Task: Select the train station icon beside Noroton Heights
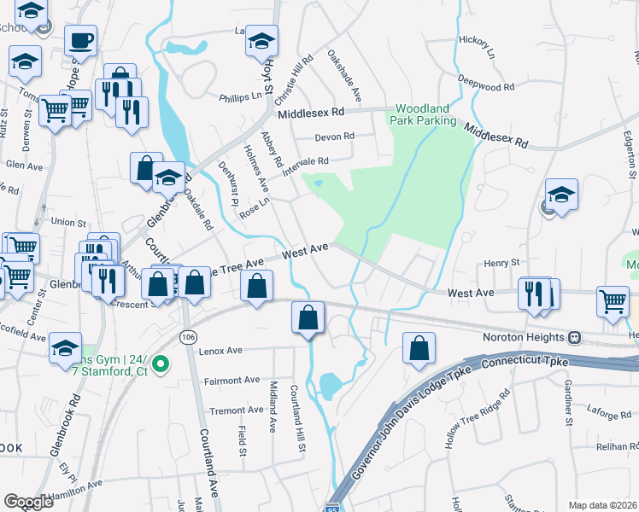pos(576,337)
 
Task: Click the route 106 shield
pos(187,337)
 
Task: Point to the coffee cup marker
pos(80,40)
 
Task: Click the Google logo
pos(28,502)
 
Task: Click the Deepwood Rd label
pos(485,86)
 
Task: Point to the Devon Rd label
pos(334,137)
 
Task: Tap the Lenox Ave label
pos(221,350)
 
